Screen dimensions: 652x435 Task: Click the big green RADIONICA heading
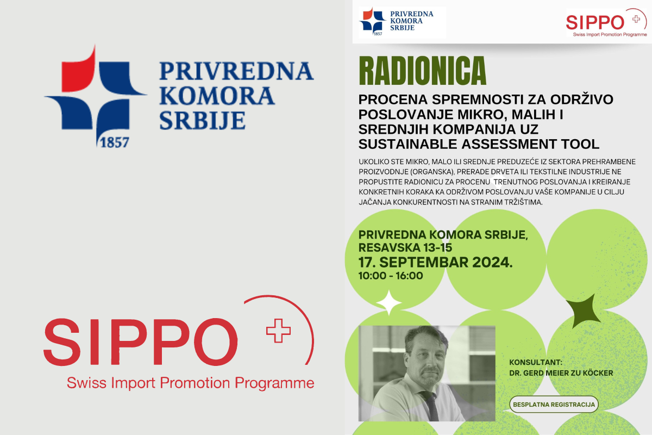pyautogui.click(x=423, y=71)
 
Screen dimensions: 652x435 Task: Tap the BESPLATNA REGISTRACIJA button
pyautogui.click(x=554, y=405)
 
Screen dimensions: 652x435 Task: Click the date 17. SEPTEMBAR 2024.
pyautogui.click(x=435, y=262)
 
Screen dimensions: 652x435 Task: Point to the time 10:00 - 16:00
pyautogui.click(x=391, y=276)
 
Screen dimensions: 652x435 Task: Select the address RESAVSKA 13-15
pyautogui.click(x=405, y=247)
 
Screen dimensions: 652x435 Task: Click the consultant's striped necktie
pyautogui.click(x=430, y=405)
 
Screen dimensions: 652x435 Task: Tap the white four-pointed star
pyautogui.click(x=389, y=303)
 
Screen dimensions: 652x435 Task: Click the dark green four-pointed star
pyautogui.click(x=584, y=311)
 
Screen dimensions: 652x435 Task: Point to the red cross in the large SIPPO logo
pyautogui.click(x=278, y=331)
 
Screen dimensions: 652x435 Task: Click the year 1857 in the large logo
pyautogui.click(x=115, y=143)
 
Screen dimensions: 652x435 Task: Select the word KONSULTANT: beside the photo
pyautogui.click(x=536, y=363)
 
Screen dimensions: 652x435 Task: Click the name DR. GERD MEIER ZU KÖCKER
pyautogui.click(x=561, y=373)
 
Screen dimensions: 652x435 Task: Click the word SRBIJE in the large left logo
pyautogui.click(x=202, y=121)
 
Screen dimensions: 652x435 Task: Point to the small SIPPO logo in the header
pyautogui.click(x=606, y=22)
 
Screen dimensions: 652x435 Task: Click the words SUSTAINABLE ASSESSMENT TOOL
pyautogui.click(x=479, y=144)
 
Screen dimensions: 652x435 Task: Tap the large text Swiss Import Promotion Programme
pyautogui.click(x=190, y=383)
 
